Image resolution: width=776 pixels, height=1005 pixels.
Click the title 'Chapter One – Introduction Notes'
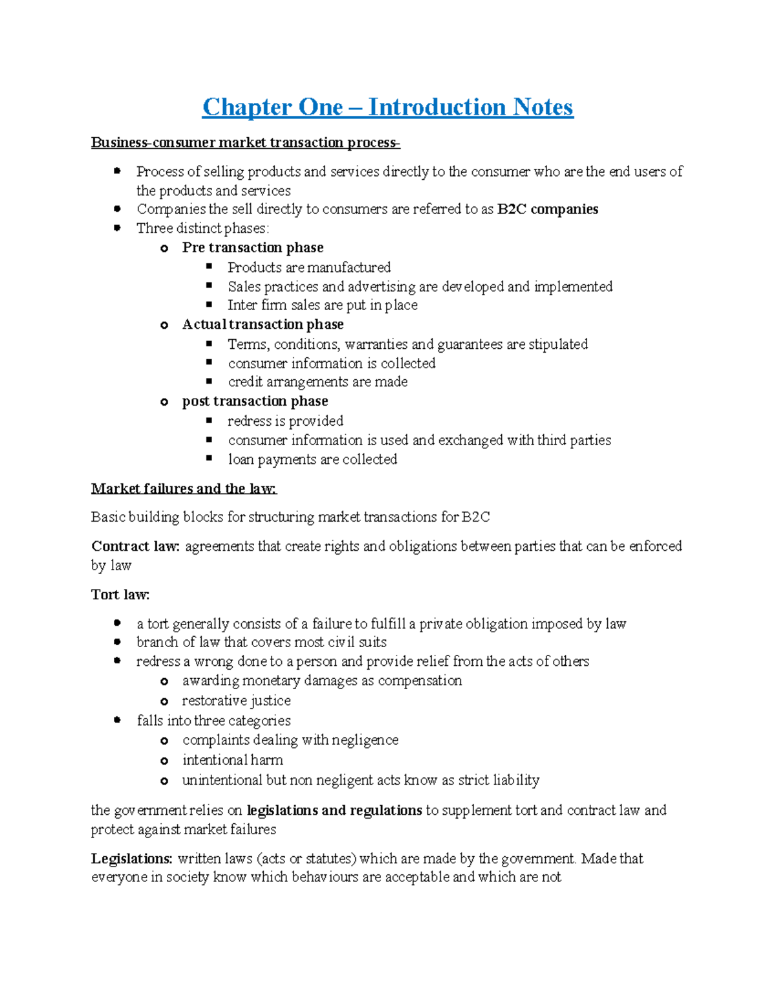pos(387,107)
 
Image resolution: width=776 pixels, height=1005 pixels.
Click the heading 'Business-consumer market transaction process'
pos(245,142)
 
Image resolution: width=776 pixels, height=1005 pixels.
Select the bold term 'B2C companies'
pos(548,209)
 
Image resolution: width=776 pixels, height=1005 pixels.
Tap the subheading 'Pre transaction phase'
pos(252,248)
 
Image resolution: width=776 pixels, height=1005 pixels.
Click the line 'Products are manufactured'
pos(309,267)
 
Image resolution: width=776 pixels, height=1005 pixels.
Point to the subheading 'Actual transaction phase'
pos(263,324)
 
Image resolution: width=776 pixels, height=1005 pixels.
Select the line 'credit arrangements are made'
pos(318,382)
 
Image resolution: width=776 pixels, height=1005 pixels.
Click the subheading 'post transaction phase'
pos(255,401)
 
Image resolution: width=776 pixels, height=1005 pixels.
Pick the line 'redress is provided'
pos(285,421)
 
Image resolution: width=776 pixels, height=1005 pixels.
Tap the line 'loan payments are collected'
pos(312,459)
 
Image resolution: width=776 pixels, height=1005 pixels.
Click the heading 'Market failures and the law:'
pos(184,489)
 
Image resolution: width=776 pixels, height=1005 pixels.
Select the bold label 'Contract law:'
pos(136,546)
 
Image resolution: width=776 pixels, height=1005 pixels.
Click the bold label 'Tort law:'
pos(120,595)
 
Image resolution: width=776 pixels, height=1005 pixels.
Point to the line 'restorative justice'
pos(236,701)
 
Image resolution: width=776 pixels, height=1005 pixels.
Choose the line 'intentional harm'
pos(232,760)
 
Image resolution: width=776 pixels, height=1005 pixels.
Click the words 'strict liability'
pos(499,780)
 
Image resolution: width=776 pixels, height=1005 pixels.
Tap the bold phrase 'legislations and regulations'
pos(334,810)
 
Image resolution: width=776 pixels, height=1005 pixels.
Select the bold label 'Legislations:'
pos(132,859)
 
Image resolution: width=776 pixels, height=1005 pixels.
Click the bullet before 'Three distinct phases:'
pos(117,228)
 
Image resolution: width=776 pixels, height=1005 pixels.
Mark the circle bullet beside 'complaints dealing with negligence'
pos(164,741)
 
